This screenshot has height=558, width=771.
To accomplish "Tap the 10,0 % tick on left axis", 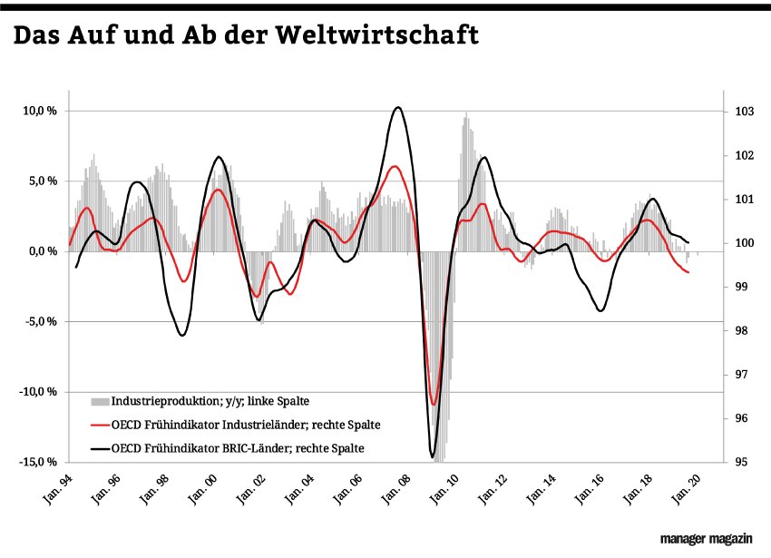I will tap(40, 111).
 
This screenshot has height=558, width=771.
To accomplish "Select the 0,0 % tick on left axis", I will tap(43, 251).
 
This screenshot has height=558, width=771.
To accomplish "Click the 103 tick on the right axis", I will tap(745, 112).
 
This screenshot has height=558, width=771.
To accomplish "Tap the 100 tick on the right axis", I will tap(745, 243).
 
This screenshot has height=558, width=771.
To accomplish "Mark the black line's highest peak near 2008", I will tap(398, 107).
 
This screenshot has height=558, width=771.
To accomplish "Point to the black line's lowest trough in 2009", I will tap(433, 457).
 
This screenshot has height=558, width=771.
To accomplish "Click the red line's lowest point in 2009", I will tap(435, 405).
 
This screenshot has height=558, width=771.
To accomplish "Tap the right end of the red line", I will tap(689, 272).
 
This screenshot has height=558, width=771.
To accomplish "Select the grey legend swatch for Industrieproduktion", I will tap(99, 399).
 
